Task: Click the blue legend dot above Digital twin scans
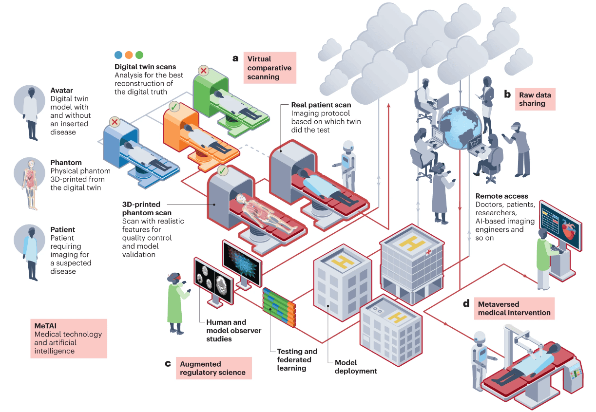[118, 55]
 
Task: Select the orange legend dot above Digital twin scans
[129, 55]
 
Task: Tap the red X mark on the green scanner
[204, 71]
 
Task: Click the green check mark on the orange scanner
[174, 107]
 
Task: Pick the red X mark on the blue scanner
[115, 122]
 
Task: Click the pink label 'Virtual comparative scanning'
[270, 68]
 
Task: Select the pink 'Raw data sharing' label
[535, 99]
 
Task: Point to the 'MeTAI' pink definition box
[69, 338]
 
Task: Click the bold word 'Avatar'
[62, 91]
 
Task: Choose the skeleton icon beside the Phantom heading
[30, 184]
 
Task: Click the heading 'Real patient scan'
[321, 105]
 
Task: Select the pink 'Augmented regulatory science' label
[213, 368]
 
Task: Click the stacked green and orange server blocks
[279, 307]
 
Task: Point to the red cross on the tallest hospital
[429, 252]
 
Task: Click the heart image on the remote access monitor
[569, 230]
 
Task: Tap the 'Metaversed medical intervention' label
[514, 308]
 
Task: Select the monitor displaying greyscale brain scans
[214, 281]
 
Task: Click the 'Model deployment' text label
[356, 367]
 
